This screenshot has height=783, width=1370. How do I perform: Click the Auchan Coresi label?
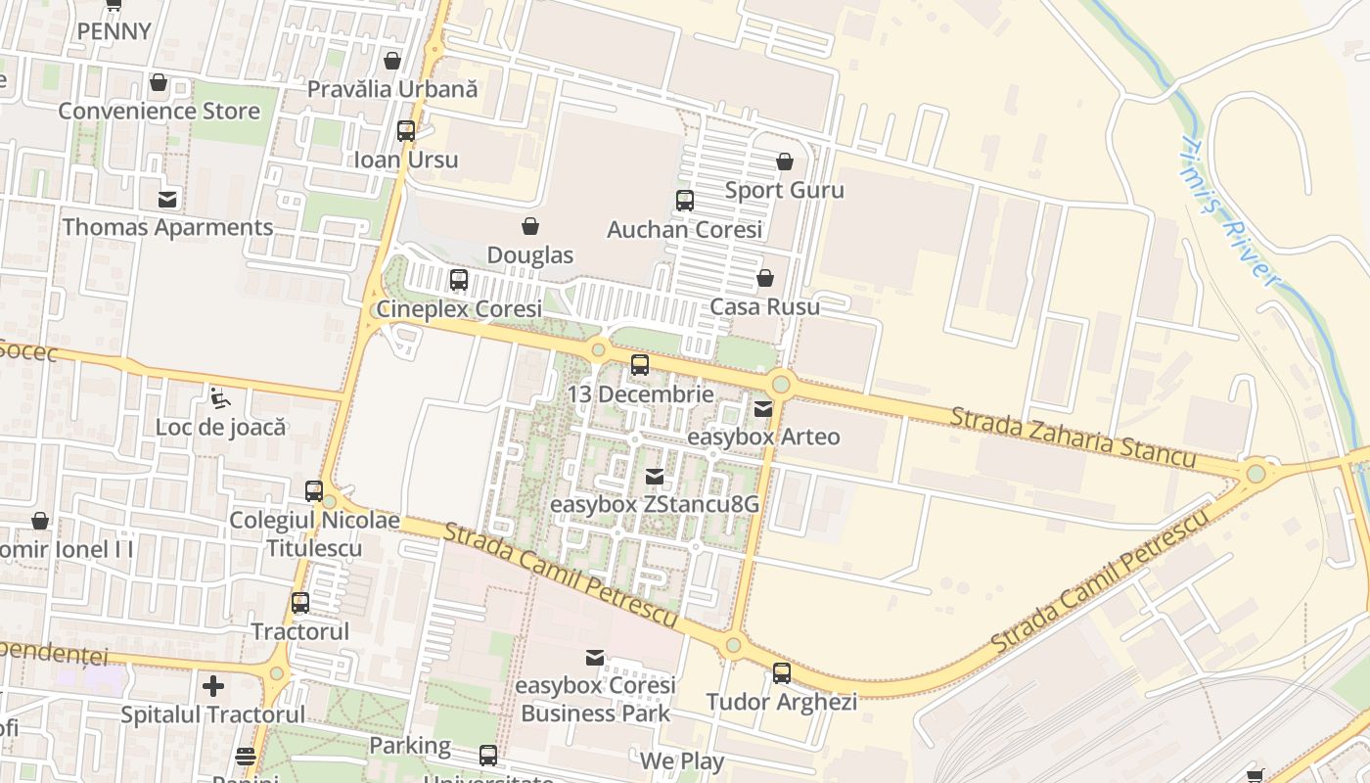(x=684, y=230)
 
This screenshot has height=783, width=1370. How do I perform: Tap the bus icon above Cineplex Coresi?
(x=459, y=280)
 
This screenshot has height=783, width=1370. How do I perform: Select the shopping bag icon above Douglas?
(x=530, y=226)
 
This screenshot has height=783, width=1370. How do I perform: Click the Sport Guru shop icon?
(x=784, y=161)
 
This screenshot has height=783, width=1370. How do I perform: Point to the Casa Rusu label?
(x=764, y=307)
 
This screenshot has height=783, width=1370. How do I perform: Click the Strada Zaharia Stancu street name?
(x=1073, y=438)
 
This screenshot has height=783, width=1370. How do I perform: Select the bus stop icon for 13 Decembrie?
(x=640, y=365)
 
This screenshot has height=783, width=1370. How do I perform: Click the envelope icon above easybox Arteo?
(x=763, y=408)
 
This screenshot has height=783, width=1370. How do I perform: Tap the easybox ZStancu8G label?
(x=655, y=505)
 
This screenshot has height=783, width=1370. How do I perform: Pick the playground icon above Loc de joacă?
(x=220, y=397)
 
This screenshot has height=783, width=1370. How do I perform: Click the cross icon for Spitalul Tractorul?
(x=213, y=685)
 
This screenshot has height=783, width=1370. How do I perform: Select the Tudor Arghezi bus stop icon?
(x=782, y=673)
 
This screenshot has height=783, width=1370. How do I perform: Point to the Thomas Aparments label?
(x=168, y=227)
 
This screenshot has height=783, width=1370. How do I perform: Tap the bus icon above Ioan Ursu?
(x=406, y=130)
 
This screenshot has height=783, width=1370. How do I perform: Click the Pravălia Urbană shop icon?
(x=392, y=61)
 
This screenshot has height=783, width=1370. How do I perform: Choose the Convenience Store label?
(x=159, y=111)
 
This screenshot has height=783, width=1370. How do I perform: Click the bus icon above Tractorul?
(x=300, y=603)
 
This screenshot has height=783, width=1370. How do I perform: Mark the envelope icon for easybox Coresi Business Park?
(x=595, y=657)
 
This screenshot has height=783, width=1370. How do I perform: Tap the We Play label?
(x=682, y=761)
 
